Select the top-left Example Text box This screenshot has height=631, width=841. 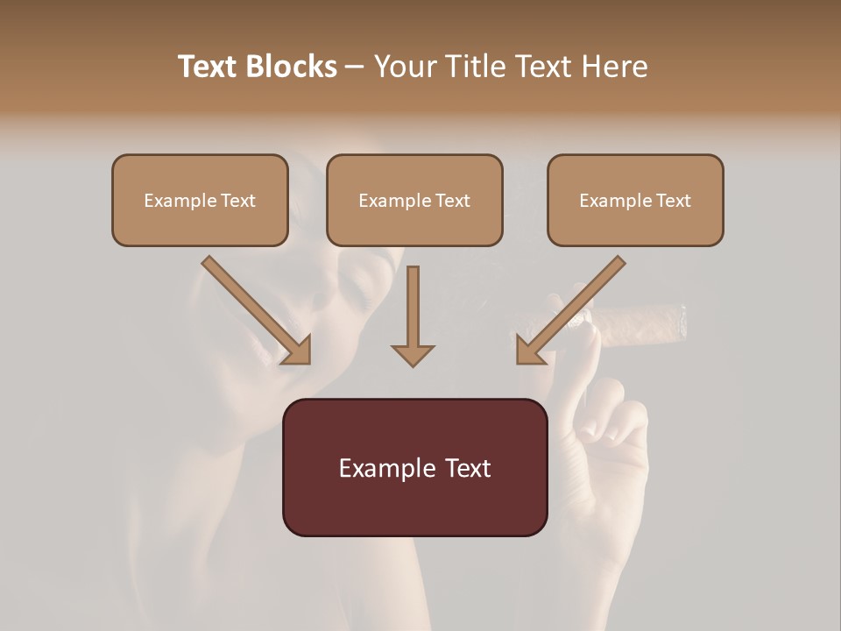(x=200, y=200)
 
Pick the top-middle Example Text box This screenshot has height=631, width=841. (x=414, y=200)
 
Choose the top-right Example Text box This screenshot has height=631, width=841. (x=635, y=200)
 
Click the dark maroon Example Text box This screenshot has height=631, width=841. (x=414, y=467)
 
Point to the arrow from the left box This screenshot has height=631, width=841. (x=254, y=308)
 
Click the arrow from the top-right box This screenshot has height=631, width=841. (x=573, y=308)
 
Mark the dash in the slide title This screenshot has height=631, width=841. (x=355, y=67)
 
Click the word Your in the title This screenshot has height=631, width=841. (x=403, y=67)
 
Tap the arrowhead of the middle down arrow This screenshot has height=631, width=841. (x=413, y=353)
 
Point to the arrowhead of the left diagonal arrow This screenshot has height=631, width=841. (x=299, y=351)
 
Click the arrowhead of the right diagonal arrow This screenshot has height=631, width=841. (x=528, y=351)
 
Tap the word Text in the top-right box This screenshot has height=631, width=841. (x=673, y=201)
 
